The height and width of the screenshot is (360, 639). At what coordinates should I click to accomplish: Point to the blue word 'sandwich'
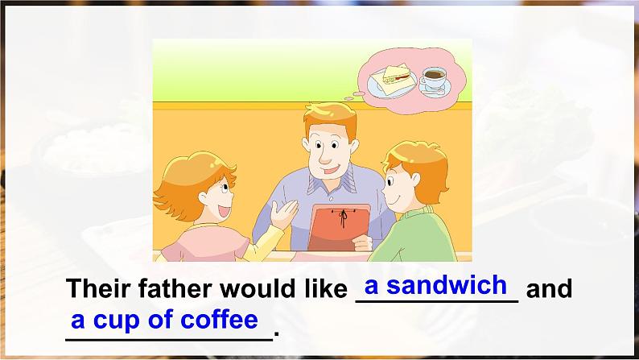[x=447, y=284]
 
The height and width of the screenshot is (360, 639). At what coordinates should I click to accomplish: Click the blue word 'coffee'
[x=219, y=319]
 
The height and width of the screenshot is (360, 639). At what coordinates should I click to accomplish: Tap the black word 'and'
[x=550, y=288]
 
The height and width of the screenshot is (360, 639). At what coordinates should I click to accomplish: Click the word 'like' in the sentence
[x=326, y=288]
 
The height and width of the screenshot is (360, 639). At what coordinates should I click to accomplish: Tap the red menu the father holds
[x=339, y=227]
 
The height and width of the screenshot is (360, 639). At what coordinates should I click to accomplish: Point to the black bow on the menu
[x=343, y=217]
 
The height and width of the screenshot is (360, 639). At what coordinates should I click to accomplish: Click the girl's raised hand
[x=284, y=213]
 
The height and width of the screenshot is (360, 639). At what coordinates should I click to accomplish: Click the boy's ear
[x=415, y=180]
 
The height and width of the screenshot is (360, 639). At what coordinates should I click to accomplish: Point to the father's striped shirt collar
[x=331, y=182]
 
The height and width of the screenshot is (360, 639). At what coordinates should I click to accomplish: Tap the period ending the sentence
[x=277, y=333]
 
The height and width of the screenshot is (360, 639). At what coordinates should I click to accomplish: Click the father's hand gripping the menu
[x=362, y=243]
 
